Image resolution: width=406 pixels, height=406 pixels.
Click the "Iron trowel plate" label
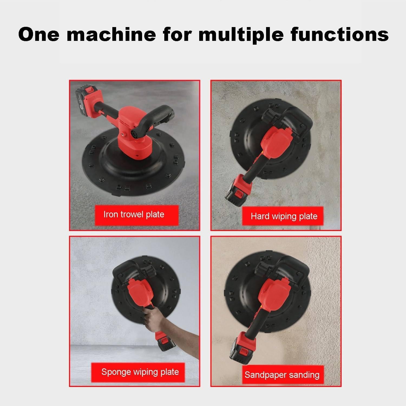click(x=134, y=214)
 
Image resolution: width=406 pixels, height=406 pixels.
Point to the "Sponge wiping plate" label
click(x=140, y=372)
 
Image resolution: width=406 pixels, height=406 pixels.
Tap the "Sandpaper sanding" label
click(x=282, y=375)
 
